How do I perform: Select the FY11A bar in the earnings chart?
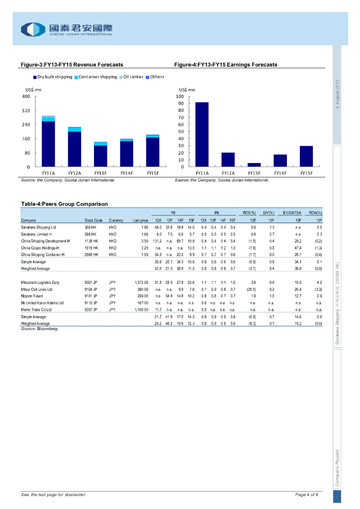202,134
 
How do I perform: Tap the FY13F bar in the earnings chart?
254,165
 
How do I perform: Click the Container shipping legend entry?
96,77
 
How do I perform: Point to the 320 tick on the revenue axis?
26,110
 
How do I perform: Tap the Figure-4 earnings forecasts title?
226,65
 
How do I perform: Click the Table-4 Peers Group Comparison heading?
64,204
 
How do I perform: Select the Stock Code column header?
93,220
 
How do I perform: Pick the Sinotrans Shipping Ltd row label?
39,227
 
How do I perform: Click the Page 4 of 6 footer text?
307,495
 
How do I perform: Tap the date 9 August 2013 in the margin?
337,94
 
